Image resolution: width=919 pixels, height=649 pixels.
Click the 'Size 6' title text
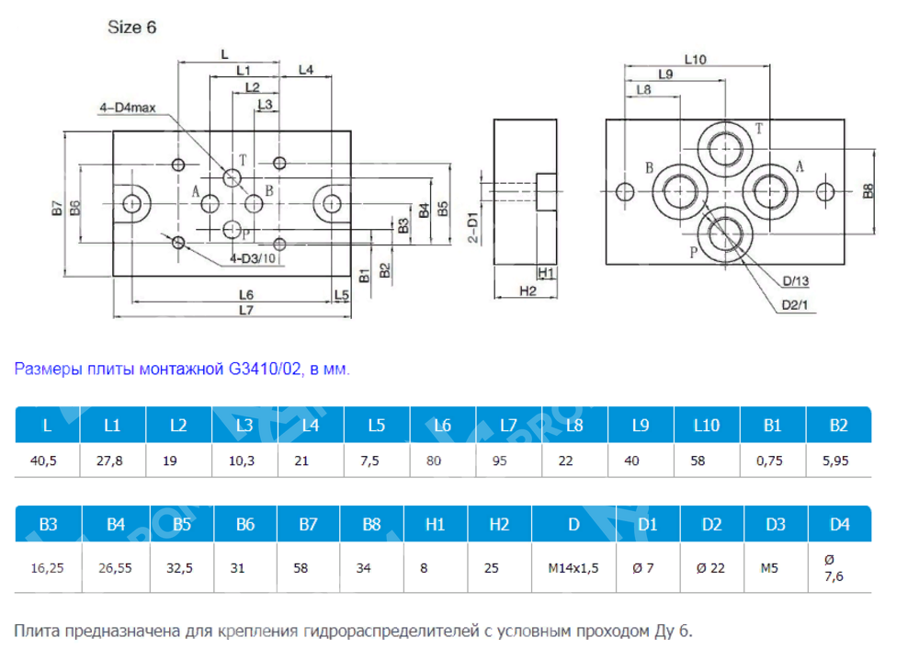pos(133,28)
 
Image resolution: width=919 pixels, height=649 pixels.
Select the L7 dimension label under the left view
pos(244,311)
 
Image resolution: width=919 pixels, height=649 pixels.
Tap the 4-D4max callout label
pos(128,108)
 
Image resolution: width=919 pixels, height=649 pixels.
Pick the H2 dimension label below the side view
pos(527,290)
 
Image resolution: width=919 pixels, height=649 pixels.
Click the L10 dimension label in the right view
pos(695,60)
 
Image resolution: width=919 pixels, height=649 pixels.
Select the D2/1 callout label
pos(793,305)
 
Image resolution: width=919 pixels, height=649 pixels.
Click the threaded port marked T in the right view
pos(725,150)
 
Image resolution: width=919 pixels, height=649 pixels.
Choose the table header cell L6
pos(442,426)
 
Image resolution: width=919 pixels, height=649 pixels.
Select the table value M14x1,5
pos(573,568)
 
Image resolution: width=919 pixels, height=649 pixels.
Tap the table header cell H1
pos(436,525)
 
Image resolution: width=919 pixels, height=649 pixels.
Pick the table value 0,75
pos(770,461)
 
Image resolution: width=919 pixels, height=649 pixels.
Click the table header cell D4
pos(839,525)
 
